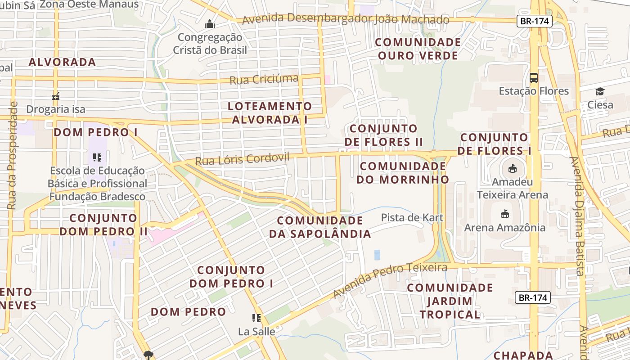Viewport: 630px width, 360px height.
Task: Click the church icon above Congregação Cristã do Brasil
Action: (210, 24)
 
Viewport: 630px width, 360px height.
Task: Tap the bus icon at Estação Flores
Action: (534, 77)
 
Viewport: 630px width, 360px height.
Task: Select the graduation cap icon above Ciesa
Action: (600, 92)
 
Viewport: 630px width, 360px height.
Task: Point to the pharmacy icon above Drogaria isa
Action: (56, 95)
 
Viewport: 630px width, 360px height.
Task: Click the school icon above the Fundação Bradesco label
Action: (97, 157)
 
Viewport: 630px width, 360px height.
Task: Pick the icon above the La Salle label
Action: (256, 318)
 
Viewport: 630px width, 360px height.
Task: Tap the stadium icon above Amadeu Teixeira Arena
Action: (512, 169)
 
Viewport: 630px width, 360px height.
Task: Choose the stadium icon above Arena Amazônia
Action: (504, 214)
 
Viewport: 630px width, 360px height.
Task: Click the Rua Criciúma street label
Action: (264, 80)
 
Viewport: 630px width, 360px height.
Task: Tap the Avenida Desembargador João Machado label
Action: (345, 19)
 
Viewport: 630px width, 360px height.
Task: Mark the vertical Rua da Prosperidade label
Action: (13, 155)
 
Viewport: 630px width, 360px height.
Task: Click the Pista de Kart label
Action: (412, 218)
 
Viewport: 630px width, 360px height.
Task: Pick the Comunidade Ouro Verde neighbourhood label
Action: (418, 49)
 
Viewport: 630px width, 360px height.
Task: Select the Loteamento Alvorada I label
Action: (270, 113)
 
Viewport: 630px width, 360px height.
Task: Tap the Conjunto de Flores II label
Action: (384, 135)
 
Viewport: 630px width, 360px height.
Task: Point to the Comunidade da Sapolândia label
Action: (320, 227)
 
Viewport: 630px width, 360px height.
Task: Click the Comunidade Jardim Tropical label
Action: (450, 301)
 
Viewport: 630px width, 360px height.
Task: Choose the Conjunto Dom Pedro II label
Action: (103, 225)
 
